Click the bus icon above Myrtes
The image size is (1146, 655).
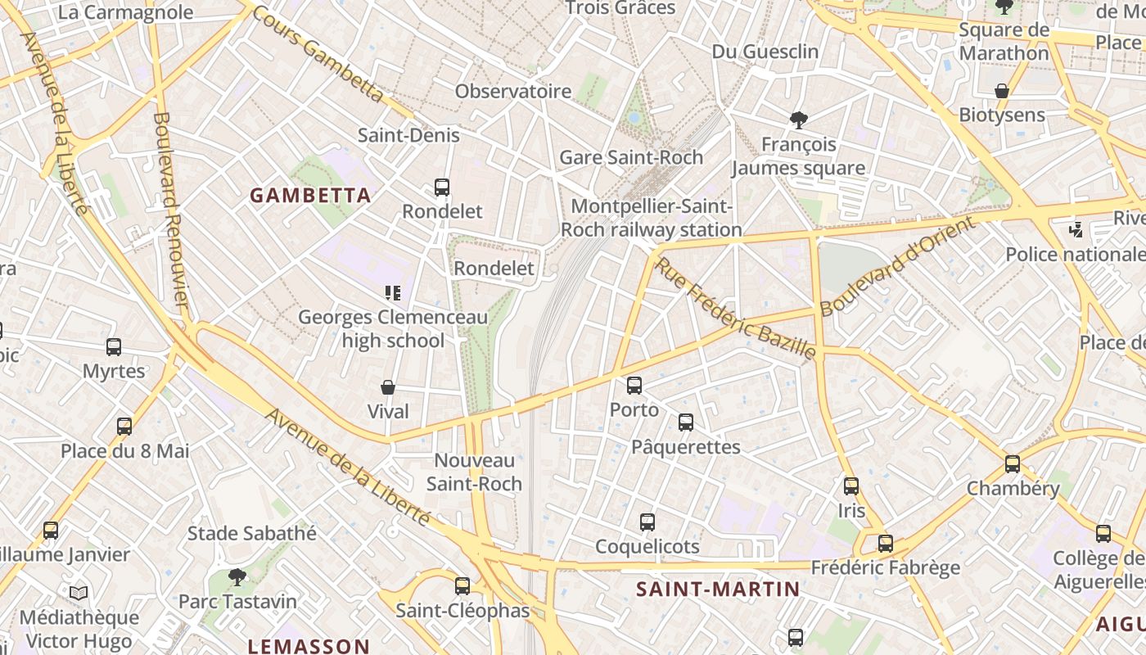114,347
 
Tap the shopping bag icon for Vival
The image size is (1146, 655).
388,387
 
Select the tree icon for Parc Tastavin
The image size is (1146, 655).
237,577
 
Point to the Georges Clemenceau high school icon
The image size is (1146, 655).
393,292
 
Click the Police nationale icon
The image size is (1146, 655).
1076,230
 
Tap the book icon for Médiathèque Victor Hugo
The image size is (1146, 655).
79,593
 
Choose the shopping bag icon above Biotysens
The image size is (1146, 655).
1001,90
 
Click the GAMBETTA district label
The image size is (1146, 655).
310,196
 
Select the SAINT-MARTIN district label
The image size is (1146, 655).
718,589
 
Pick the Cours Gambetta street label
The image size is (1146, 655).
318,55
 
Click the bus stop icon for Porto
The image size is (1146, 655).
634,386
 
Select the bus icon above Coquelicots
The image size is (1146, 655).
647,522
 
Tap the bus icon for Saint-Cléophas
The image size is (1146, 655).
462,586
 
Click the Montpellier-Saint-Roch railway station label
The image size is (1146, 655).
652,219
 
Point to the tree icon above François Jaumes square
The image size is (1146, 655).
798,120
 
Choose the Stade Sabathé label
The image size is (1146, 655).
252,534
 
